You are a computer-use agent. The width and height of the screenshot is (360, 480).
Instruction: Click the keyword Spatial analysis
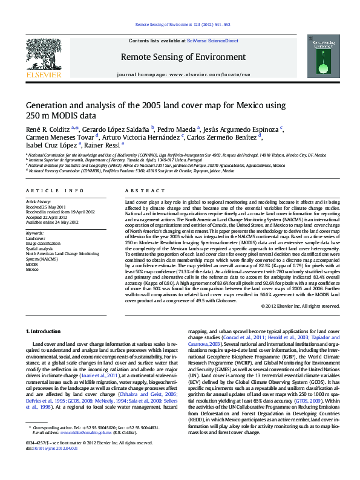39,248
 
